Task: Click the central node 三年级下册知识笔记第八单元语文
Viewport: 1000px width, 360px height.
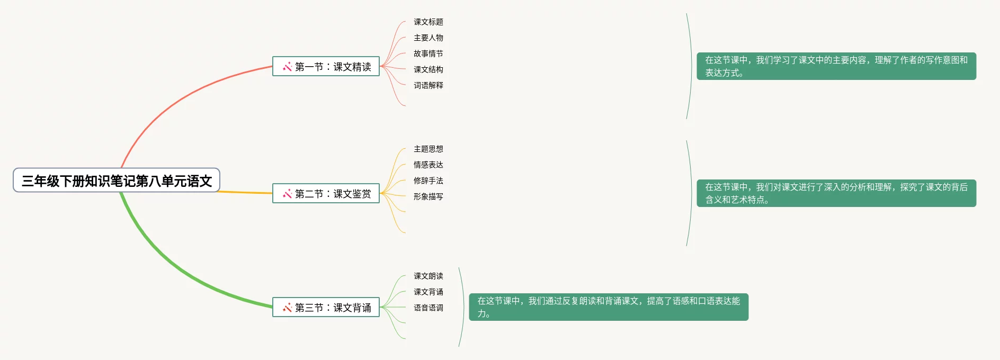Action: (117, 181)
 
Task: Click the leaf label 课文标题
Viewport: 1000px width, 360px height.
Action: (428, 22)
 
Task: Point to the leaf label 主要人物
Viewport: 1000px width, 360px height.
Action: (428, 38)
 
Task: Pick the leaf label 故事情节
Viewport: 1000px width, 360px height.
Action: (428, 53)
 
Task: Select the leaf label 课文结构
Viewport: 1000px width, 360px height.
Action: (428, 69)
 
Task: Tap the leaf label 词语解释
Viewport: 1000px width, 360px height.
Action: (428, 85)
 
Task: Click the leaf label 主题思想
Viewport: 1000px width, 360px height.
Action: (428, 149)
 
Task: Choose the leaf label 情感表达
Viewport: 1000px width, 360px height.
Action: (428, 165)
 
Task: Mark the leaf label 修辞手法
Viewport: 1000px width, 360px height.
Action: (428, 181)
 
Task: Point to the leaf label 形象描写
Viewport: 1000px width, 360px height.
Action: (428, 196)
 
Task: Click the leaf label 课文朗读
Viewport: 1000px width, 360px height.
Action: (428, 276)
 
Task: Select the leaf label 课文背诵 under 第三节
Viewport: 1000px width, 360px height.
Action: (428, 292)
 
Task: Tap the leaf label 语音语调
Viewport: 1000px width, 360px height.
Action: (428, 308)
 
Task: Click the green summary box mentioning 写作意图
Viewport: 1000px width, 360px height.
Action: (836, 66)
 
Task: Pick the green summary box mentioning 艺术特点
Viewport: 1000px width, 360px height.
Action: (836, 193)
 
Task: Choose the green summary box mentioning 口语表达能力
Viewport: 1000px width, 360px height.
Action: (608, 307)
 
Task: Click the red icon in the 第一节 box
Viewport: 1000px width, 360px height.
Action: (287, 67)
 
